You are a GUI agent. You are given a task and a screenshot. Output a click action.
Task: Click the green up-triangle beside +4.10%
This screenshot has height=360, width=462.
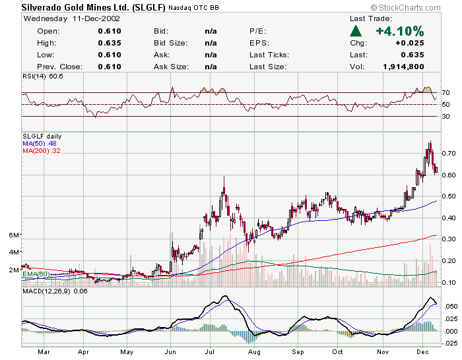pyautogui.click(x=356, y=31)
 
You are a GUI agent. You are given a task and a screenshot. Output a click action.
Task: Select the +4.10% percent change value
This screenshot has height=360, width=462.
pyautogui.click(x=400, y=31)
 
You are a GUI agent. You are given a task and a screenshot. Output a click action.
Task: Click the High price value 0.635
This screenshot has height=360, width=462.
pyautogui.click(x=110, y=43)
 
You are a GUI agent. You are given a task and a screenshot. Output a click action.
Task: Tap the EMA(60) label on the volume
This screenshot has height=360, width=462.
pyautogui.click(x=36, y=274)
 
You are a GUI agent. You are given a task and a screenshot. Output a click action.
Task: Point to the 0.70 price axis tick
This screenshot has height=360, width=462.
pyautogui.click(x=449, y=153)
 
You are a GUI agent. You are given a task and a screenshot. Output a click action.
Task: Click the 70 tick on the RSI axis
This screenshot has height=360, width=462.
pyautogui.click(x=446, y=93)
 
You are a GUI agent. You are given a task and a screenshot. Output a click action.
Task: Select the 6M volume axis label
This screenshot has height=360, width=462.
pyautogui.click(x=13, y=235)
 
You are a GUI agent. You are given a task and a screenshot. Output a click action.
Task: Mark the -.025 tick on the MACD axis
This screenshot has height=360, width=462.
pyautogui.click(x=448, y=343)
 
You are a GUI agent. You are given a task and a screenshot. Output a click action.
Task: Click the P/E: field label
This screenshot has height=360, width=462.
pyautogui.click(x=258, y=31)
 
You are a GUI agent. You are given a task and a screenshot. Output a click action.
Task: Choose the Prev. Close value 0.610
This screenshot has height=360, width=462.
pyautogui.click(x=110, y=67)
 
